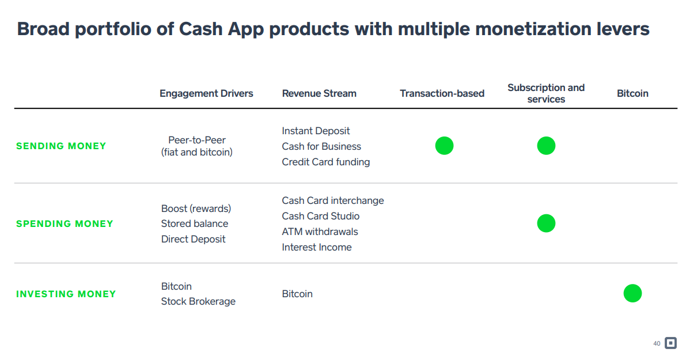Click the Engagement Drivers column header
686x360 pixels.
coord(206,94)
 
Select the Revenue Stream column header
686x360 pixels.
coord(319,94)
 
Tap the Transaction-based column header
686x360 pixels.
coord(442,94)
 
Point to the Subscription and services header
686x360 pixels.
coord(546,93)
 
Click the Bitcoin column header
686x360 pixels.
coord(632,94)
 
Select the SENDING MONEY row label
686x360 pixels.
coord(61,146)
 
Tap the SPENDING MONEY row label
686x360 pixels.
coord(65,224)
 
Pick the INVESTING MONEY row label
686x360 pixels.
coord(66,294)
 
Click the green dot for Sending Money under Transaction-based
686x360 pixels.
coord(445,146)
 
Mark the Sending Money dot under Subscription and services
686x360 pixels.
coord(546,146)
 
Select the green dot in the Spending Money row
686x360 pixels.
coord(546,223)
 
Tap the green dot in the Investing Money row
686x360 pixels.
coord(632,293)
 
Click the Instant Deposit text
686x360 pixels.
coord(316,131)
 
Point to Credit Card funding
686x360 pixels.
coord(326,162)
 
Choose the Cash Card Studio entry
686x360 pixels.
coord(321,216)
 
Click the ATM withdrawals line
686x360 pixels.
coord(320,232)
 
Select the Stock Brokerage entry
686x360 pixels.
coord(198,301)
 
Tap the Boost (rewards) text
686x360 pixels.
coord(196,209)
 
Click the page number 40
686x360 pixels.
coord(657,344)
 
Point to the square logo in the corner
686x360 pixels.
coord(670,343)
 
